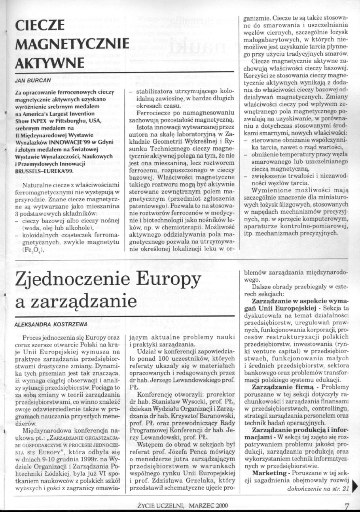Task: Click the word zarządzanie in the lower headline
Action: click(x=77, y=304)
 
